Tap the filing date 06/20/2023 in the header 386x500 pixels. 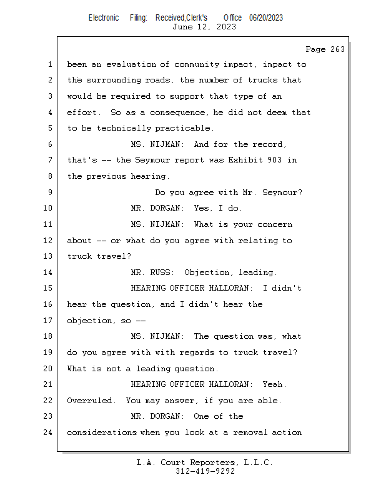point(266,18)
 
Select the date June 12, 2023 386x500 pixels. point(204,27)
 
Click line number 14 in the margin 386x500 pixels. point(49,272)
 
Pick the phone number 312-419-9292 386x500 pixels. point(205,472)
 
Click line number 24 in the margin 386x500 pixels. point(49,432)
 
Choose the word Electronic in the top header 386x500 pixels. point(104,18)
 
